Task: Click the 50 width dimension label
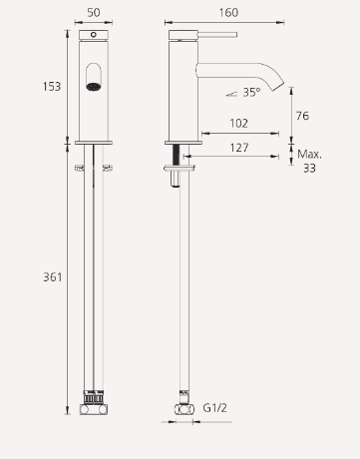click(94, 13)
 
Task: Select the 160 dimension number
click(228, 13)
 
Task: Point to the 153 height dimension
click(52, 87)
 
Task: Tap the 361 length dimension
click(53, 277)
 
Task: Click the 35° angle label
click(251, 93)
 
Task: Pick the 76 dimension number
click(302, 116)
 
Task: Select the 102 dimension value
click(239, 124)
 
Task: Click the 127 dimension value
click(239, 148)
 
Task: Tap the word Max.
click(309, 154)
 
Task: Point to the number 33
click(309, 168)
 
